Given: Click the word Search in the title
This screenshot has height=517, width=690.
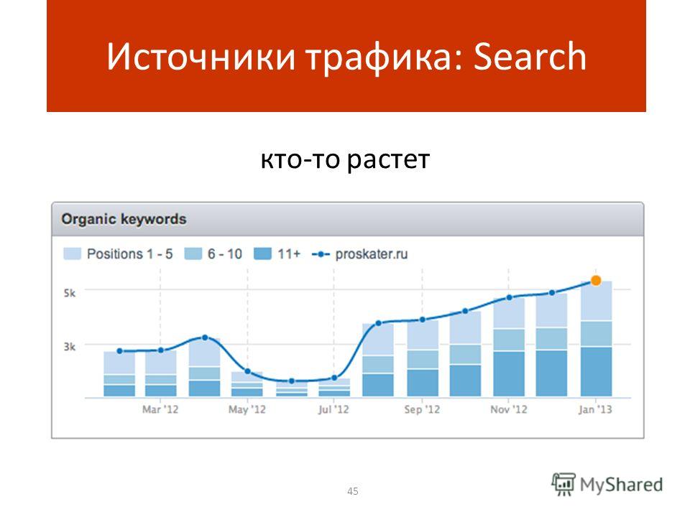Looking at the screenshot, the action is click(x=530, y=56).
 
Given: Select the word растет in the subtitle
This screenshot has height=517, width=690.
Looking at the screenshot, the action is click(x=387, y=159).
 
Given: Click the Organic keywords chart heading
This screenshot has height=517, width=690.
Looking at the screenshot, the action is click(x=124, y=219).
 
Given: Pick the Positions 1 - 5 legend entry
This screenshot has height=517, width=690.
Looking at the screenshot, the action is click(x=118, y=253).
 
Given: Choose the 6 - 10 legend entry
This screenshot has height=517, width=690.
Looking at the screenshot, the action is click(x=213, y=253).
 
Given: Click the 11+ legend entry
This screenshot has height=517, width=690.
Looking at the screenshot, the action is click(x=277, y=253).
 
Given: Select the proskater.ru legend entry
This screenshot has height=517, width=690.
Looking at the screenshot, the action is click(x=359, y=254).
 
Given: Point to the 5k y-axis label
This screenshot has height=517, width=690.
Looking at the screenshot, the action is click(x=70, y=293).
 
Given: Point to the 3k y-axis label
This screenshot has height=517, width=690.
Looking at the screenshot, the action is click(x=70, y=347).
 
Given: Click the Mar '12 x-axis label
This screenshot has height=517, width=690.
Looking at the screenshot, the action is click(x=160, y=409).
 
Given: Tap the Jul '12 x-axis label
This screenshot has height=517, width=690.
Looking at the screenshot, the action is click(x=333, y=409).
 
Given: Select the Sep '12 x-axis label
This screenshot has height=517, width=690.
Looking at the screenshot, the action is click(x=422, y=409).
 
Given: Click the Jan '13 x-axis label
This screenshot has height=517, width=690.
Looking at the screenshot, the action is click(x=595, y=409).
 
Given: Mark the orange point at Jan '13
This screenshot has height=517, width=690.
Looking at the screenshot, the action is click(x=596, y=281).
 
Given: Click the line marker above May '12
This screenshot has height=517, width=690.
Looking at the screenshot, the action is click(x=247, y=371).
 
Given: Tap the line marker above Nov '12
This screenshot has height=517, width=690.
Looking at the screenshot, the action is click(x=509, y=297).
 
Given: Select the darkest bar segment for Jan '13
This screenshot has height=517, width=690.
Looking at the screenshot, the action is click(x=597, y=372).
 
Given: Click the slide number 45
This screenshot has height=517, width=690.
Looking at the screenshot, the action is click(x=352, y=491).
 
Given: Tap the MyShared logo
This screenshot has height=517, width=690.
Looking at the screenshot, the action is click(x=607, y=485).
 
